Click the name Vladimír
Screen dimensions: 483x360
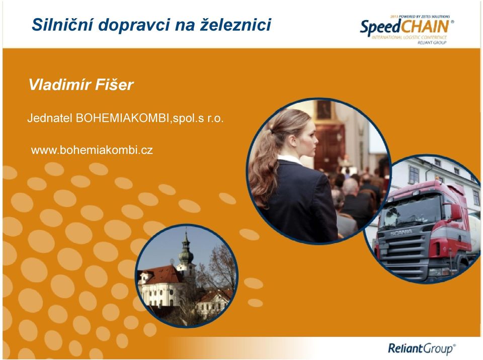pyautogui.click(x=59, y=84)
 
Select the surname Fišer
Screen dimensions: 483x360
pyautogui.click(x=114, y=84)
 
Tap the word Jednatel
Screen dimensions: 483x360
pyautogui.click(x=50, y=118)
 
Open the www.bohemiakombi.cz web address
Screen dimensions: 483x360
pyautogui.click(x=92, y=150)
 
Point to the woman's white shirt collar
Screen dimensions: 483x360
pyautogui.click(x=290, y=159)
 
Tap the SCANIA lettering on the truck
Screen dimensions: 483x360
pyautogui.click(x=401, y=233)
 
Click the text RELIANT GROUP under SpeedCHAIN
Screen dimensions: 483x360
pyautogui.click(x=432, y=43)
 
